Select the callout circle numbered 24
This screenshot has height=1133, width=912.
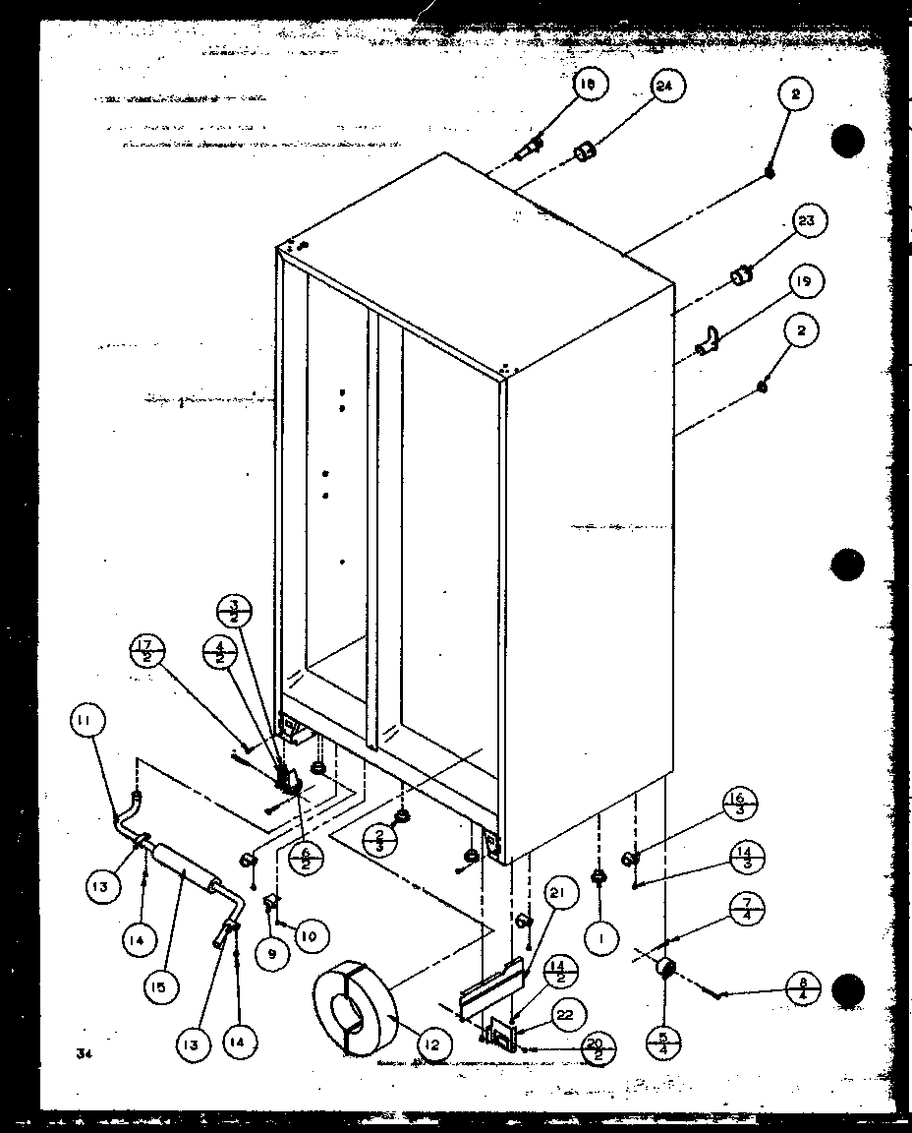pyautogui.click(x=664, y=87)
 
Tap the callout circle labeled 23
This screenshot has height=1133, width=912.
pyautogui.click(x=806, y=222)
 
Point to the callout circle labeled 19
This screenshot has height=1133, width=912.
pyautogui.click(x=805, y=282)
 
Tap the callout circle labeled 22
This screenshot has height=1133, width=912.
pyautogui.click(x=570, y=1014)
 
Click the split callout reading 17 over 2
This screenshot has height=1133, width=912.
pyautogui.click(x=147, y=651)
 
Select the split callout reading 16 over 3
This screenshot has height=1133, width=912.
pyautogui.click(x=738, y=803)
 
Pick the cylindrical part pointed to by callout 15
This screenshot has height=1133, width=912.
pyautogui.click(x=184, y=868)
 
